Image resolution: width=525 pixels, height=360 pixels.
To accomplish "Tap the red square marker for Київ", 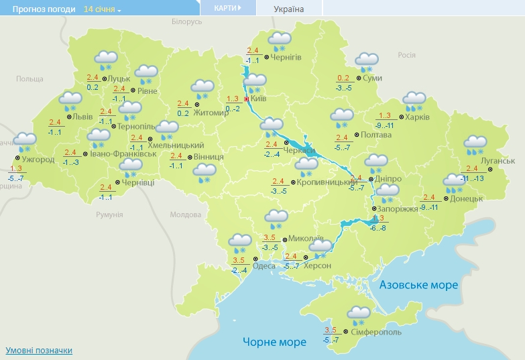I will (x=246, y=99).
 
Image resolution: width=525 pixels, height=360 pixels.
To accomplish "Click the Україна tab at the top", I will (x=289, y=9).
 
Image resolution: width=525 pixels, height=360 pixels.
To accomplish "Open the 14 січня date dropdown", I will (x=103, y=9).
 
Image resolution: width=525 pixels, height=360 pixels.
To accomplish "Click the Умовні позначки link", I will (x=38, y=351).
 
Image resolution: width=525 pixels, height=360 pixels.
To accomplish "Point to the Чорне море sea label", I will (x=275, y=342).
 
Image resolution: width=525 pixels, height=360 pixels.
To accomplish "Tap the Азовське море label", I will (x=418, y=285).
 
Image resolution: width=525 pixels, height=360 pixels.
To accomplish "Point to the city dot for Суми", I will (x=358, y=78).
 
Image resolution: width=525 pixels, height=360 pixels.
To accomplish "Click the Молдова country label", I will (x=186, y=215).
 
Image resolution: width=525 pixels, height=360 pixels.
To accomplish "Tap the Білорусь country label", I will (x=186, y=22).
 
